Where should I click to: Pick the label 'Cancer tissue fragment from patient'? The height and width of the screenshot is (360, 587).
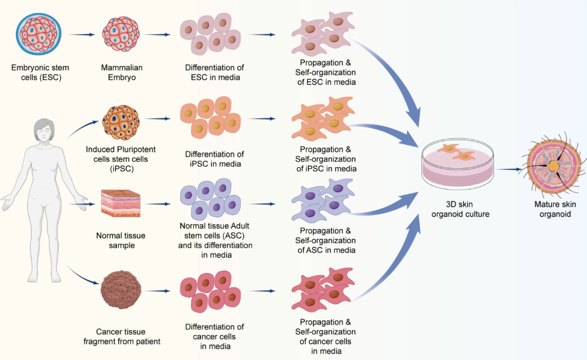[x=122, y=336]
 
